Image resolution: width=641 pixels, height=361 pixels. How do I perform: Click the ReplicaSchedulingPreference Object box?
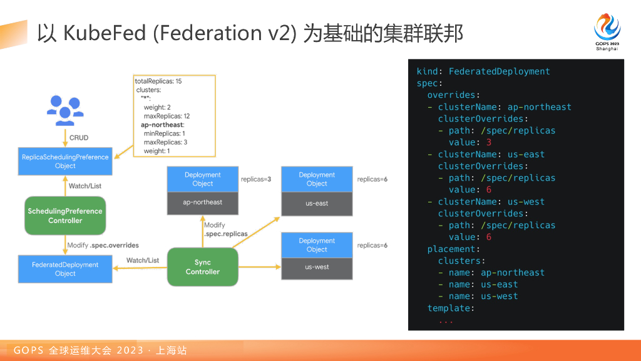(x=65, y=161)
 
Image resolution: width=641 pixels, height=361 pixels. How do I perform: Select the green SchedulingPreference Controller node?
(x=65, y=216)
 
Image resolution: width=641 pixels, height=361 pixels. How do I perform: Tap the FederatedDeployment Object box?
(x=65, y=269)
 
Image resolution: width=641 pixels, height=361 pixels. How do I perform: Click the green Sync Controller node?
(x=203, y=267)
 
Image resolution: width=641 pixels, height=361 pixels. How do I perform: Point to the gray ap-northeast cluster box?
(x=203, y=202)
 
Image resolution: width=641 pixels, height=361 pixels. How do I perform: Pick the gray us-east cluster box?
(x=317, y=204)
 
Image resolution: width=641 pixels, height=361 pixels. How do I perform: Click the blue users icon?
(x=65, y=110)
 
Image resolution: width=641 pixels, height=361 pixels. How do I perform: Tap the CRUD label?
(x=79, y=138)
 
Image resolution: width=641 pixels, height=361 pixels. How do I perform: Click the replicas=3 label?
(x=256, y=179)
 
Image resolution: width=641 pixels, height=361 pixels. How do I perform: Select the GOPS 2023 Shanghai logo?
(x=607, y=32)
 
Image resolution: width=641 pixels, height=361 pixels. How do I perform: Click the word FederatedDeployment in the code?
(x=499, y=71)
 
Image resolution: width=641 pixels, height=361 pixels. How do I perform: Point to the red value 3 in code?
(x=489, y=142)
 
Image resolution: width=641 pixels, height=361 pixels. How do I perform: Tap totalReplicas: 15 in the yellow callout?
(x=158, y=81)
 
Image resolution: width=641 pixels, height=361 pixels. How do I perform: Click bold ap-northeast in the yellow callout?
(x=162, y=125)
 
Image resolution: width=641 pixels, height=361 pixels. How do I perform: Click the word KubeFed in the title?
(x=105, y=33)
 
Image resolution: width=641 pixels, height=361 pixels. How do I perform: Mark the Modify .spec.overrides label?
(x=103, y=245)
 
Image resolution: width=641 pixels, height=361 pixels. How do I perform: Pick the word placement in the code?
(x=451, y=249)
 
